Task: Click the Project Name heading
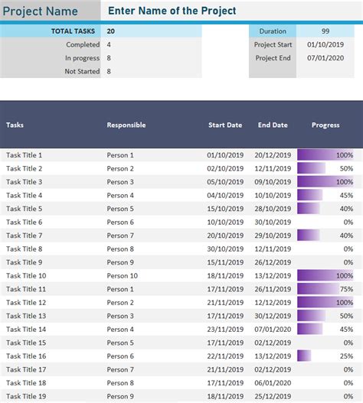41,11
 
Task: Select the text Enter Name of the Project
172,11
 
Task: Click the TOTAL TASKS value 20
112,31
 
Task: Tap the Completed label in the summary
83,44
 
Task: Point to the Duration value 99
325,31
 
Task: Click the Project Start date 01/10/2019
325,44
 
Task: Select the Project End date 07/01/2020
325,58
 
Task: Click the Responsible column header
126,125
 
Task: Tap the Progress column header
326,125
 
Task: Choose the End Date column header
273,125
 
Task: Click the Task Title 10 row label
26,275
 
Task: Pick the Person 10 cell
123,275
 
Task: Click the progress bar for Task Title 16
304,356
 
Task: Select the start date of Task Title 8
224,249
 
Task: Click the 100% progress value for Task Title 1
344,155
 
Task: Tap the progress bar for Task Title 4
309,195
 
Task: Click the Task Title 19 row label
26,396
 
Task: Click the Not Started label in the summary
83,71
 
